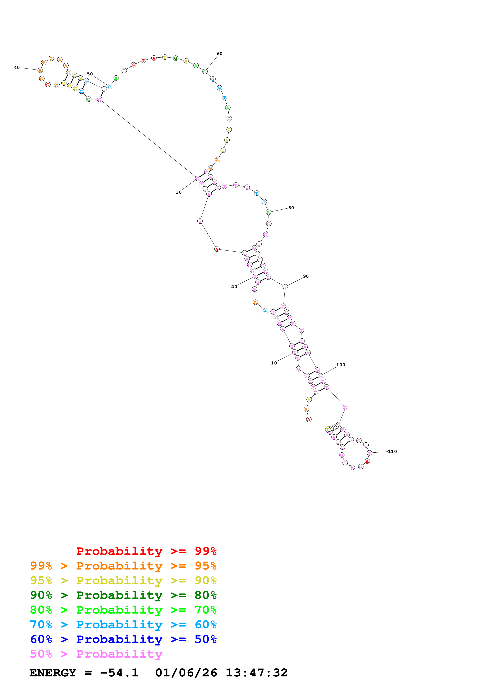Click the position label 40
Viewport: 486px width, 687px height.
17,68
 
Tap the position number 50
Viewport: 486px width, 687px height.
90,74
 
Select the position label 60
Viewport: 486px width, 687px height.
220,53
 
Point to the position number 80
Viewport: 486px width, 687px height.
291,208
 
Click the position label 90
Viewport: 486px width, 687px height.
306,276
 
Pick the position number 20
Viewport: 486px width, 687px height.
234,287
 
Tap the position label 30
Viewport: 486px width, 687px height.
178,192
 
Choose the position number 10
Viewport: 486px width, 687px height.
274,363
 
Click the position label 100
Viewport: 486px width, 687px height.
341,365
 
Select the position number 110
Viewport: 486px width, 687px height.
392,452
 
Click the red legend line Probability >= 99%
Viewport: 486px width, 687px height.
146,551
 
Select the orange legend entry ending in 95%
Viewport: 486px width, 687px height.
123,566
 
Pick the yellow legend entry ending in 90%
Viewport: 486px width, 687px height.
123,580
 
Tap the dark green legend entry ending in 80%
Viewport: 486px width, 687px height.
123,595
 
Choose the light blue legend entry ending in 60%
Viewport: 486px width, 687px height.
123,625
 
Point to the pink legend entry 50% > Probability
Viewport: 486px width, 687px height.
96,654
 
